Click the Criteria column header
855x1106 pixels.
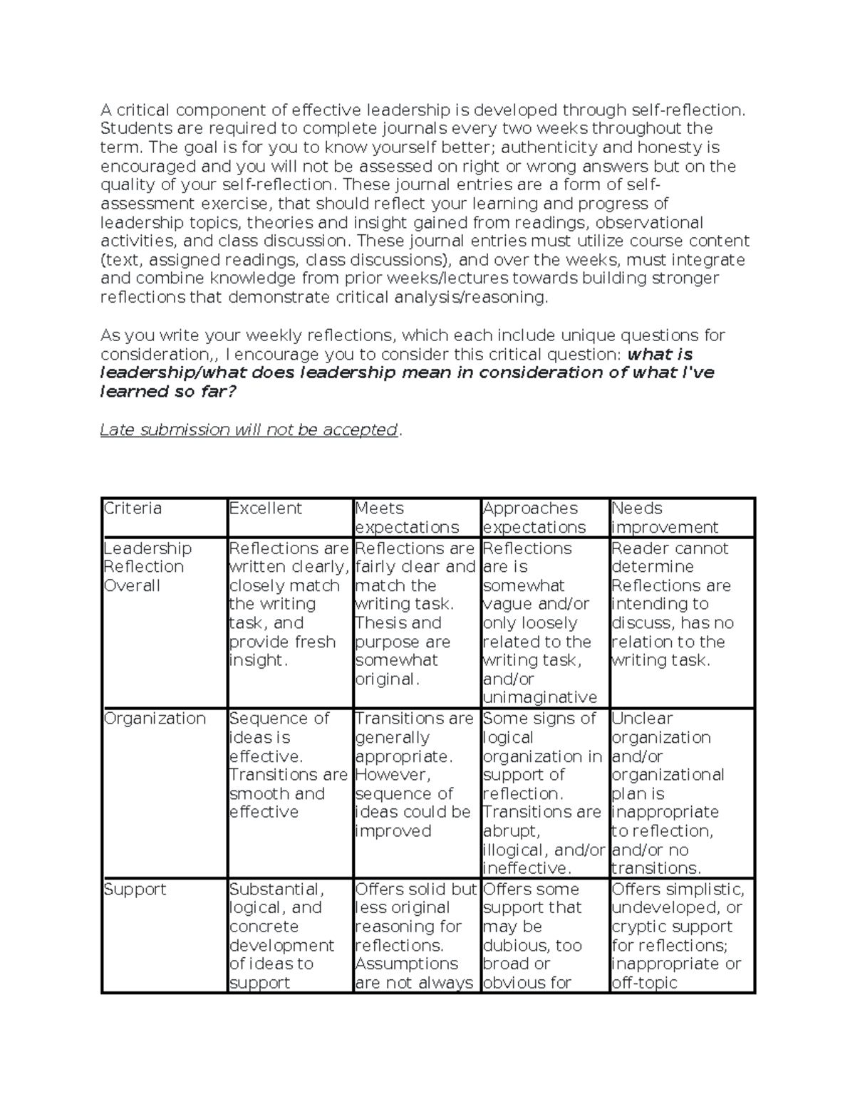[133, 508]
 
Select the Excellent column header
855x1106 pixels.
[265, 508]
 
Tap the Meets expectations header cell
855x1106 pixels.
[407, 518]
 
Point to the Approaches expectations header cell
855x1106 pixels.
[534, 518]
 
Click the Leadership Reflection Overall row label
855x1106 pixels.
[147, 567]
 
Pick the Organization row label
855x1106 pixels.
[155, 719]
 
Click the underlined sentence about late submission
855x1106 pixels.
[249, 430]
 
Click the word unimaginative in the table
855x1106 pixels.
[539, 697]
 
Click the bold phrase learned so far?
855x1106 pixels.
[167, 392]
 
